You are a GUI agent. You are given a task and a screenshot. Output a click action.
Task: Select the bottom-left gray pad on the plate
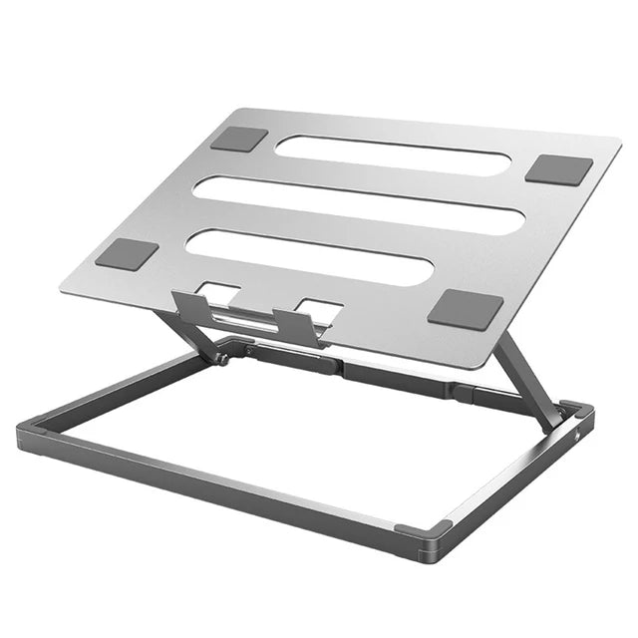(128, 255)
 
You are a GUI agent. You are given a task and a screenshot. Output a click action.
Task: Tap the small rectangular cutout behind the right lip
(318, 310)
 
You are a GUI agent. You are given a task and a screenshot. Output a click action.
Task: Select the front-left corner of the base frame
(28, 435)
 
